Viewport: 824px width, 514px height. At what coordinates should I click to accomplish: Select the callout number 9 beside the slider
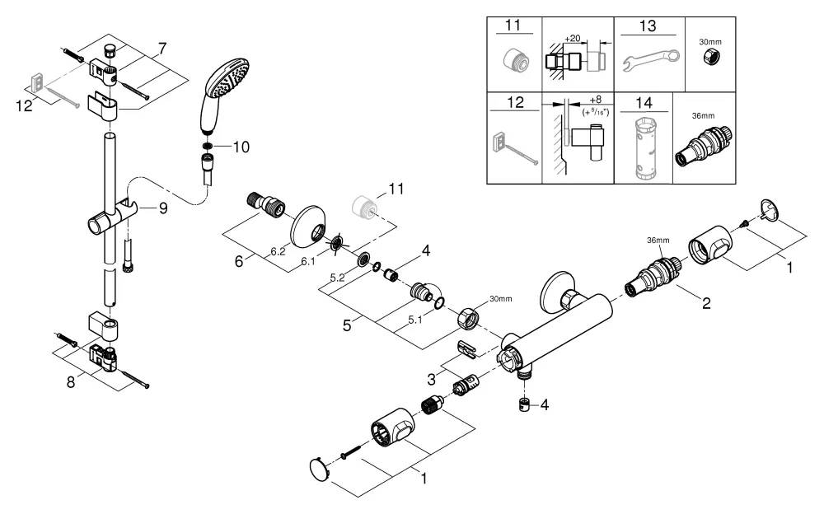163,208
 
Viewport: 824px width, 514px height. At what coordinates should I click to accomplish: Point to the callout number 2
706,302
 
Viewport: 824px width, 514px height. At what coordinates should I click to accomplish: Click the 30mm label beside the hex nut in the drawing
500,298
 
